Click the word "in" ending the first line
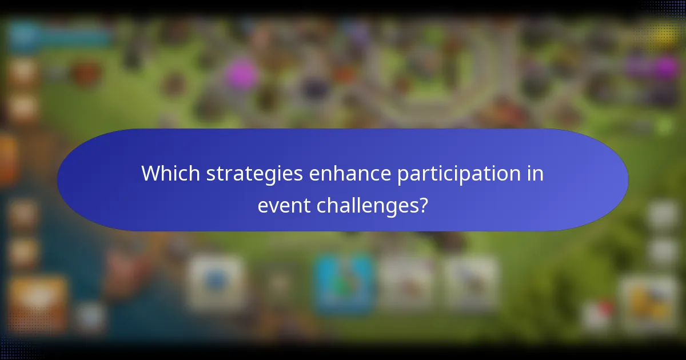(x=536, y=173)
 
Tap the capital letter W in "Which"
(x=150, y=173)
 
